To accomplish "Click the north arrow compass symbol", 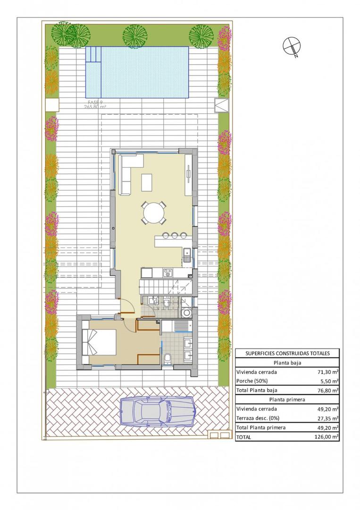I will [x=291, y=46].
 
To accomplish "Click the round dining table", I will [x=154, y=213].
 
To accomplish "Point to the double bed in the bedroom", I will [x=100, y=342].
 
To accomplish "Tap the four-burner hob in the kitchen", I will [x=168, y=272].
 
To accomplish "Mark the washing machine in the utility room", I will [x=187, y=313].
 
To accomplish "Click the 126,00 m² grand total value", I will [x=327, y=437].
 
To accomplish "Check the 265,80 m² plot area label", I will [x=95, y=107].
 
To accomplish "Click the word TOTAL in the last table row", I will [x=244, y=437].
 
